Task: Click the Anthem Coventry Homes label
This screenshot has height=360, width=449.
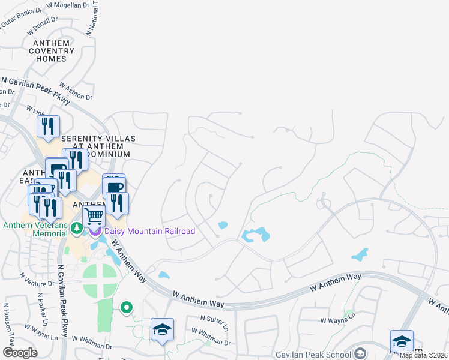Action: [55, 51]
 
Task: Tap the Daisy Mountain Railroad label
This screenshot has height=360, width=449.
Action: [149, 231]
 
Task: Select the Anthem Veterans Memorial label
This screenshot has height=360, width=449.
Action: [35, 230]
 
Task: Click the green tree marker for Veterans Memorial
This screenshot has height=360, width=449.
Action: [76, 229]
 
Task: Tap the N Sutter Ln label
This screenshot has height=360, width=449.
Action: [214, 323]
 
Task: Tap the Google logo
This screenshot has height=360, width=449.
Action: [20, 353]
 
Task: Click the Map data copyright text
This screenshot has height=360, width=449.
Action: [423, 355]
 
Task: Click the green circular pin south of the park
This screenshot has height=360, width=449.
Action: [126, 308]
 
